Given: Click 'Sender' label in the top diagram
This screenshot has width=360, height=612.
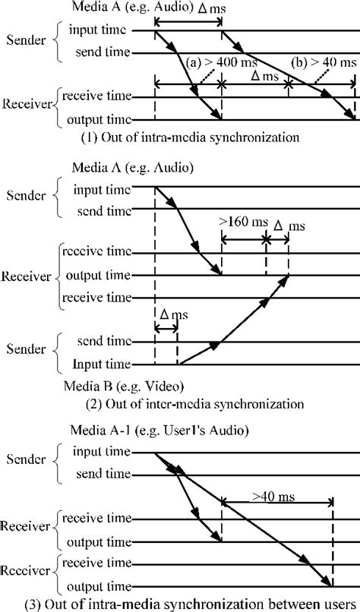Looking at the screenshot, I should pos(25,42).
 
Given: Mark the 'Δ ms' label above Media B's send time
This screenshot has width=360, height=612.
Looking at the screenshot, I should pos(166,314).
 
